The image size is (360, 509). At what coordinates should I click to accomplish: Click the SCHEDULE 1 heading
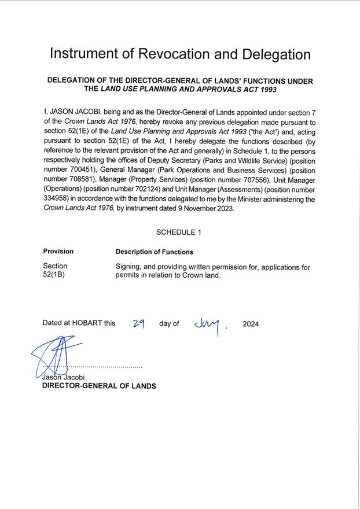click(179, 232)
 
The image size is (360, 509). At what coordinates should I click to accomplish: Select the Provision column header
click(58, 252)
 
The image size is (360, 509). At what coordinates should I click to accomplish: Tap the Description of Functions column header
click(155, 252)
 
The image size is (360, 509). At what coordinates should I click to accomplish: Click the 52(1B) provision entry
click(54, 275)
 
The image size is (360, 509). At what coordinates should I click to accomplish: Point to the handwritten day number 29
click(138, 324)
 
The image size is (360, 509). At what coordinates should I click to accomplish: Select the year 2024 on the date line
click(251, 324)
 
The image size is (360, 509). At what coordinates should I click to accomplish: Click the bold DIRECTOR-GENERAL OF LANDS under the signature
click(99, 386)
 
